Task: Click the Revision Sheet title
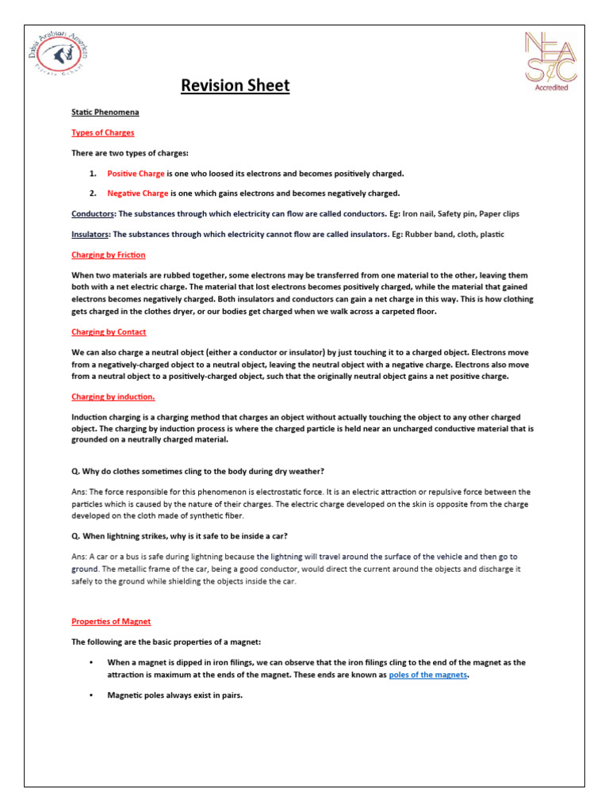click(236, 85)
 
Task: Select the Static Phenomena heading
click(105, 113)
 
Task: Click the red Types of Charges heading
click(103, 132)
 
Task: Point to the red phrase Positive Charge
click(136, 173)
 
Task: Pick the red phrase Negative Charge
click(138, 193)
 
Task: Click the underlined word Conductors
click(93, 214)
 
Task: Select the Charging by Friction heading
click(109, 255)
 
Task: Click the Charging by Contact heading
click(109, 331)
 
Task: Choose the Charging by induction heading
click(113, 396)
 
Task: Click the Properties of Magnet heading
click(111, 621)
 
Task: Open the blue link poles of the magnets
click(428, 675)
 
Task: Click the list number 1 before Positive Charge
click(93, 173)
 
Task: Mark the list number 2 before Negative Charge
click(93, 193)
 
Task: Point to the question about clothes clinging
click(198, 472)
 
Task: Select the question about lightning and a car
click(185, 536)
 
